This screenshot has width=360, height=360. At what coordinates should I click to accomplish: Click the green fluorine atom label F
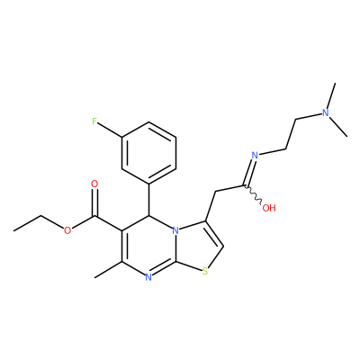(94, 121)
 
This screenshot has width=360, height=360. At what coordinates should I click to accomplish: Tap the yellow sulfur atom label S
(205, 272)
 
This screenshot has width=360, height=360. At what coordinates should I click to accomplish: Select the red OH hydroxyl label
(269, 208)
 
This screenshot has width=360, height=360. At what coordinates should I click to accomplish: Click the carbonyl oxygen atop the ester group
(94, 184)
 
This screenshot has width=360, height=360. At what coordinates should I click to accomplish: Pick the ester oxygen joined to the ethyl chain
(67, 230)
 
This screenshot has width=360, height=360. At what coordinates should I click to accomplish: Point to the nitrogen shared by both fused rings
(175, 230)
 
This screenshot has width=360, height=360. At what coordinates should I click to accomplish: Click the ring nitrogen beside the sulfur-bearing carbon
(148, 277)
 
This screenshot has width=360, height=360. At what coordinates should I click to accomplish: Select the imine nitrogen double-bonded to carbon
(255, 155)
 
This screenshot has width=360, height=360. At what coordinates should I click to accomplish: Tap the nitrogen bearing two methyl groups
(325, 112)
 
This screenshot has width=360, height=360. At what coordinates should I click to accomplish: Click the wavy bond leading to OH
(254, 194)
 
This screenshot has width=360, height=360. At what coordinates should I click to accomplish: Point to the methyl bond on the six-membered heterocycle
(108, 269)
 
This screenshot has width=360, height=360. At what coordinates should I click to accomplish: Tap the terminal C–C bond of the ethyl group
(27, 223)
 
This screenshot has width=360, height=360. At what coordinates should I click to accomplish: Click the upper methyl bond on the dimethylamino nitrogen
(331, 96)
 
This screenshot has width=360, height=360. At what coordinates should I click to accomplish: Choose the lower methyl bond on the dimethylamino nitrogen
(338, 127)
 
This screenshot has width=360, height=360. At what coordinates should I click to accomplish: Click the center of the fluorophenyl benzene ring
(148, 153)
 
